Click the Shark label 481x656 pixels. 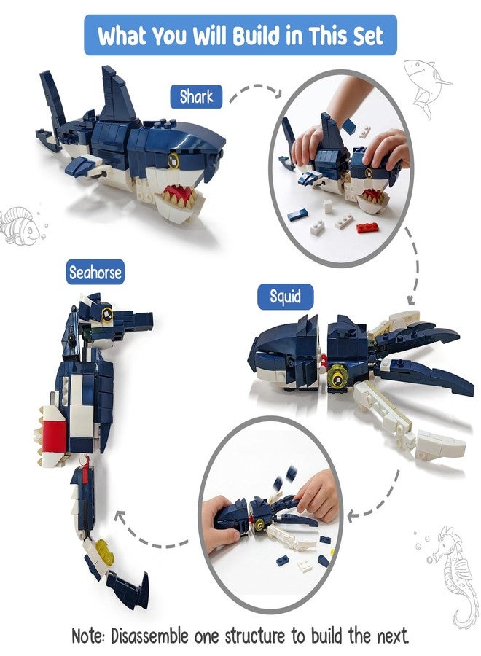coord(196,97)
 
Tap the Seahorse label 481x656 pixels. coord(95,273)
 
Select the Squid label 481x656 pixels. coord(285,297)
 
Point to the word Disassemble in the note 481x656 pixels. coord(149,636)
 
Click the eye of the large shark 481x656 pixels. coord(173,160)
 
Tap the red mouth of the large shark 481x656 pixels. coord(178,194)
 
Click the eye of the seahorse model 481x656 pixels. coord(107,313)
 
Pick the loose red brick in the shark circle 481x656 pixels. coord(367,227)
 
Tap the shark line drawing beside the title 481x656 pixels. coord(426,86)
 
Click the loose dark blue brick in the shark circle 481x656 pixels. coord(298,216)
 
